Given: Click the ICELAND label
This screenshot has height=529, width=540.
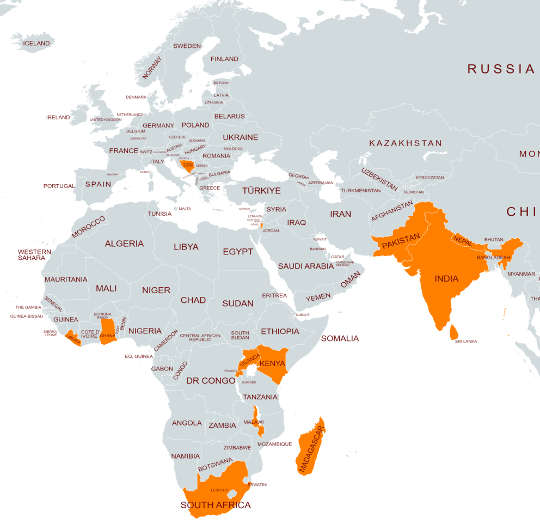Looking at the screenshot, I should (x=36, y=44).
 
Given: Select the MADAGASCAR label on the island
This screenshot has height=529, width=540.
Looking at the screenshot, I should (x=310, y=448).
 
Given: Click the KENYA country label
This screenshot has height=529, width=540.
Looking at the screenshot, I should (x=273, y=363).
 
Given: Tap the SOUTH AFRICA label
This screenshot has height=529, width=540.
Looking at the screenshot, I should (x=216, y=505).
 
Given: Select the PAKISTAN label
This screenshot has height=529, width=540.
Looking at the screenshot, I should (x=401, y=241).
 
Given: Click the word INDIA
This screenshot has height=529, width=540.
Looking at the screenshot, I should (x=446, y=278).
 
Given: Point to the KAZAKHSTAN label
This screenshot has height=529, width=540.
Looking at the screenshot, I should (x=406, y=143).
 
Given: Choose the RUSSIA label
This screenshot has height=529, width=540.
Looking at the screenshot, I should (x=501, y=69).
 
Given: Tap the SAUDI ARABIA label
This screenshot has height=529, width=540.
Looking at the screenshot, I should (x=305, y=266).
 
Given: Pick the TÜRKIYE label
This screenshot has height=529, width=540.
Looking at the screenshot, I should (x=261, y=191).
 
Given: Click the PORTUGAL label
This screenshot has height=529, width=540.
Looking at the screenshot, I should (x=59, y=186).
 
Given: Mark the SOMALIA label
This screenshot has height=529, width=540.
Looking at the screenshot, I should (x=340, y=338).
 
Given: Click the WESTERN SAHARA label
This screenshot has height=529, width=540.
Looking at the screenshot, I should (x=34, y=255).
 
